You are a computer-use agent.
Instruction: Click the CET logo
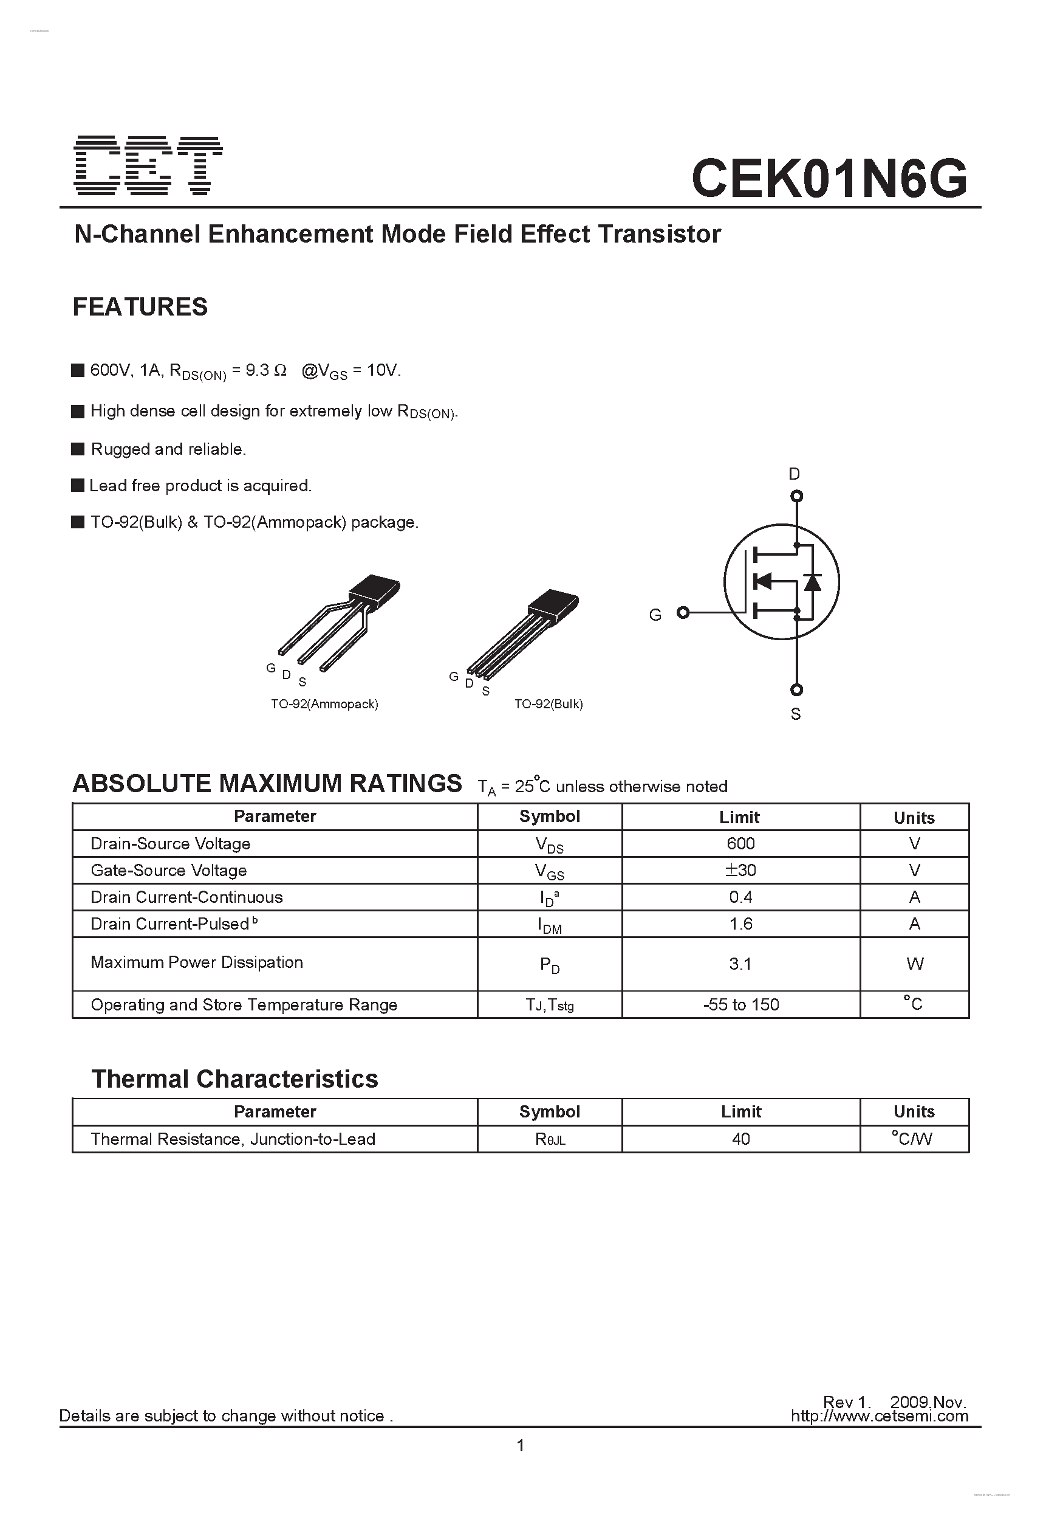tap(148, 165)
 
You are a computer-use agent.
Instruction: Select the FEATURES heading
tap(140, 306)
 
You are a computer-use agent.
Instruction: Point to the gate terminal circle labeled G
tap(683, 613)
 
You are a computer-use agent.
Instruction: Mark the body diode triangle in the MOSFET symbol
tap(812, 582)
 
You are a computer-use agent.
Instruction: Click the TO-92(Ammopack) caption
tap(324, 704)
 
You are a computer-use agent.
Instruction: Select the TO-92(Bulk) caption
tap(548, 704)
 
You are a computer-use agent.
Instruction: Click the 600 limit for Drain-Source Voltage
tap(740, 843)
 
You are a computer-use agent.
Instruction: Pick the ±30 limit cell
tap(740, 870)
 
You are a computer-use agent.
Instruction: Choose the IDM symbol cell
tap(549, 925)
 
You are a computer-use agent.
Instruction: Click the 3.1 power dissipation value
tap(740, 964)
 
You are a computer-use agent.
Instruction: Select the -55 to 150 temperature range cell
tap(740, 1004)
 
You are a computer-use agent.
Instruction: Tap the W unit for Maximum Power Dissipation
tap(914, 964)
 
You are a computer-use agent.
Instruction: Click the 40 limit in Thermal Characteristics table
tap(740, 1139)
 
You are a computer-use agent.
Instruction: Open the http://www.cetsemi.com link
tap(879, 1416)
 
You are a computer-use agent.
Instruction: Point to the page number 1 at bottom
tap(521, 1445)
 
